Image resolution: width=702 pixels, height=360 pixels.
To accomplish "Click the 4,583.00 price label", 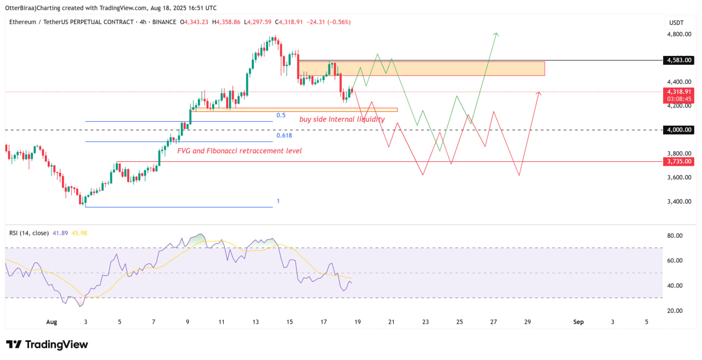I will click(678, 60).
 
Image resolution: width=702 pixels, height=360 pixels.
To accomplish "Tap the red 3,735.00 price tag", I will click(678, 161).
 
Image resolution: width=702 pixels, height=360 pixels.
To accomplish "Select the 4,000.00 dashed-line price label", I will click(678, 130).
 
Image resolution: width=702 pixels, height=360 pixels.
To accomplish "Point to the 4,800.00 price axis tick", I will click(678, 34).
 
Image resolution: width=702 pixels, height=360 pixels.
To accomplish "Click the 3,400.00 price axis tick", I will click(678, 201).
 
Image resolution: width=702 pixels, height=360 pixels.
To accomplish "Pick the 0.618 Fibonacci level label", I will click(284, 136).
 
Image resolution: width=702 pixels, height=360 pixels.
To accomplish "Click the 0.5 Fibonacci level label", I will click(281, 115).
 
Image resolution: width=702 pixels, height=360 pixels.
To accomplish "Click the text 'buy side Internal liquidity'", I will click(342, 119).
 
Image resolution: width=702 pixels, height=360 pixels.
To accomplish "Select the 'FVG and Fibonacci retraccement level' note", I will click(239, 150).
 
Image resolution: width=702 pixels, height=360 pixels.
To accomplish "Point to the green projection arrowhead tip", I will click(496, 33).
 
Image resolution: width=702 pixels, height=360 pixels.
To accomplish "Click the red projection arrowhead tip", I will click(540, 92).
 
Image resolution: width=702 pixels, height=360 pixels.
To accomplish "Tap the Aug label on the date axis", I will click(51, 322).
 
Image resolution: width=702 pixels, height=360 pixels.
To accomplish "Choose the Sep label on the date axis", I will click(579, 322).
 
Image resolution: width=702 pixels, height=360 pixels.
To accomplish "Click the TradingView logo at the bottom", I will click(47, 345).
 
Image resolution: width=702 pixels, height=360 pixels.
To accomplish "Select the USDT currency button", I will click(677, 22).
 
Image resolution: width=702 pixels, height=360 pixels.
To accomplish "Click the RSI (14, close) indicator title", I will click(29, 233).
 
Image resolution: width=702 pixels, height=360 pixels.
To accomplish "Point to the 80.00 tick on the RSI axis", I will click(675, 235).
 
